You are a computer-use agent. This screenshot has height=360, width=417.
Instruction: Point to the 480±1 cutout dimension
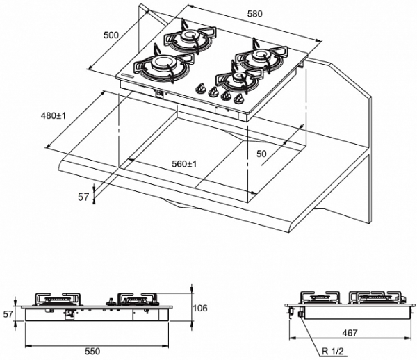pyautogui.click(x=53, y=115)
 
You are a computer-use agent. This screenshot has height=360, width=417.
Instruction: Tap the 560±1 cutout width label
pyautogui.click(x=185, y=164)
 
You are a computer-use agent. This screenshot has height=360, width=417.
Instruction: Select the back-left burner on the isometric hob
pyautogui.click(x=188, y=38)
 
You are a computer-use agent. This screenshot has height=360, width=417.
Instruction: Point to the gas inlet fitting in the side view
pyautogui.click(x=301, y=314)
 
